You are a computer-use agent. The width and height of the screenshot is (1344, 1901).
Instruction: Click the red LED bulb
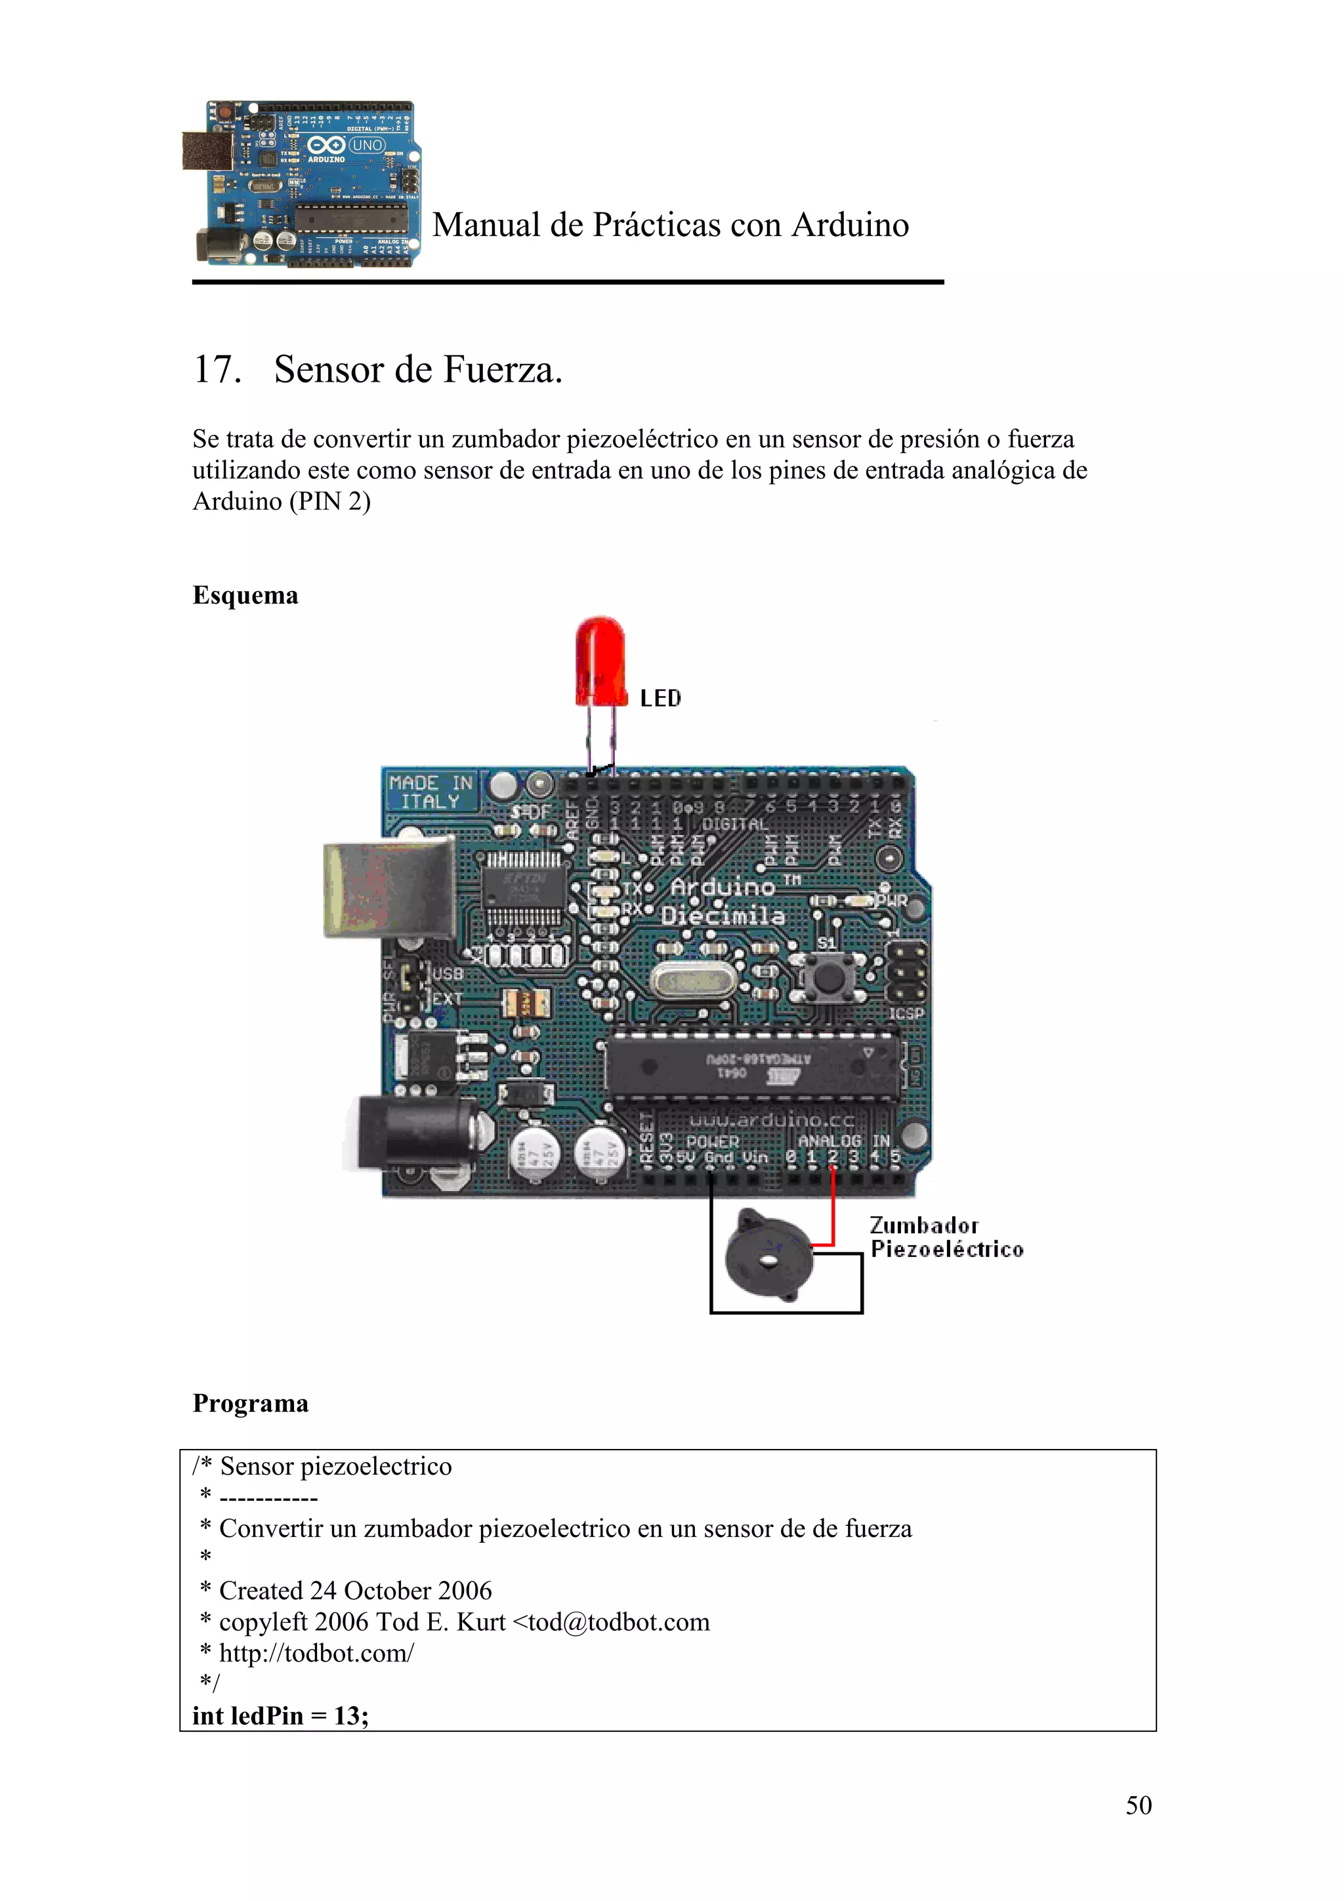pos(600,660)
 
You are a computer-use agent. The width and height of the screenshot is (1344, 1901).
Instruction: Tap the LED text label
pos(660,699)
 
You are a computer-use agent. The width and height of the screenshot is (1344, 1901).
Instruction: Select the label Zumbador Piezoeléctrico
pos(946,1237)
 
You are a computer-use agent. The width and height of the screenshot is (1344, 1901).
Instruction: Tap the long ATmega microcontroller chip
pos(752,1067)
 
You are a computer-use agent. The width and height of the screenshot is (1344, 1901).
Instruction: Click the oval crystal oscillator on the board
pos(692,982)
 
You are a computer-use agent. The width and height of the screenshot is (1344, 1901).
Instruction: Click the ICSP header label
pos(906,1014)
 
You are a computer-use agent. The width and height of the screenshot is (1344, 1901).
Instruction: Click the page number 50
pos(1138,1805)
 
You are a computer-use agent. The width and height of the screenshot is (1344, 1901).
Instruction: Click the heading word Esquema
pos(245,596)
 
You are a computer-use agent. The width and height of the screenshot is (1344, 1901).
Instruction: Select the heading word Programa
pos(250,1403)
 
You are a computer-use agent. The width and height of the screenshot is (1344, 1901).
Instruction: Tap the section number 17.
pos(217,369)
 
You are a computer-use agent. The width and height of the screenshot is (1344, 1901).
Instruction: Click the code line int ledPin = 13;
pos(281,1715)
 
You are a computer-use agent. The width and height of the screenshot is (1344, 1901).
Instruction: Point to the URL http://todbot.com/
pos(316,1654)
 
